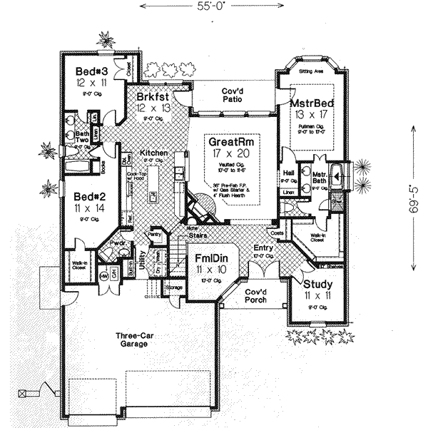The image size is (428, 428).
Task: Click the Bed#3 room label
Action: pyautogui.click(x=93, y=71)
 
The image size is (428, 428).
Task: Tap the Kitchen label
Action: pyautogui.click(x=153, y=153)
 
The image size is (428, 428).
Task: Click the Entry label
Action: pyautogui.click(x=263, y=247)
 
